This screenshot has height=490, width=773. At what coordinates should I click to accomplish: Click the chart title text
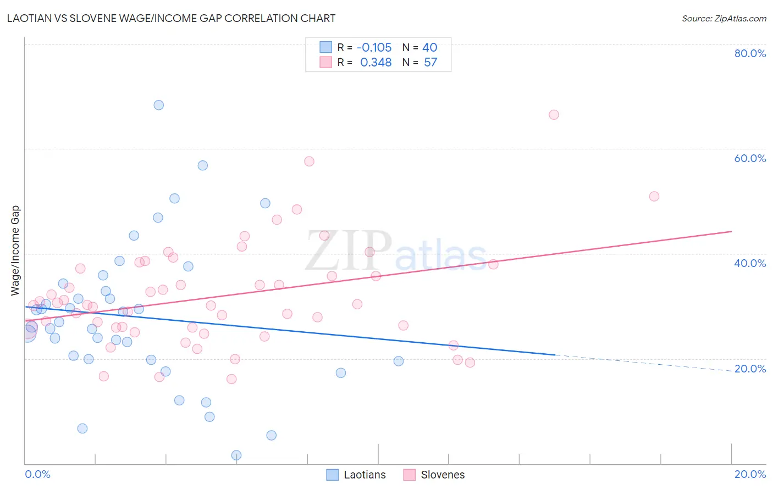tap(171, 18)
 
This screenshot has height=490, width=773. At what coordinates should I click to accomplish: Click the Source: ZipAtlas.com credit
tap(724, 18)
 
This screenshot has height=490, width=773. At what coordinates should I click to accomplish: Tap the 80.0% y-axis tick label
tap(750, 53)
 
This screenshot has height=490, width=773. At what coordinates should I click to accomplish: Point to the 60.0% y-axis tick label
tap(750, 158)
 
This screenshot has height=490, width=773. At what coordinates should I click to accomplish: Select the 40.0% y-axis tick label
tap(750, 263)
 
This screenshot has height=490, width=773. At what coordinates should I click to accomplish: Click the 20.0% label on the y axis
tap(750, 369)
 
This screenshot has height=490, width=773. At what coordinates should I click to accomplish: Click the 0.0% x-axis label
tap(37, 474)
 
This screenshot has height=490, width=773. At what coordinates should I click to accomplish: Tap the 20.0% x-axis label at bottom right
tap(750, 474)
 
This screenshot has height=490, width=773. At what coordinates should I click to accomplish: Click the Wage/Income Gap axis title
tap(15, 250)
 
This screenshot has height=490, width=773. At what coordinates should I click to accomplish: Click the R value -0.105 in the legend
tap(374, 48)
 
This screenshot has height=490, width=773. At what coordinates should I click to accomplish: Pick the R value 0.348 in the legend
tap(376, 63)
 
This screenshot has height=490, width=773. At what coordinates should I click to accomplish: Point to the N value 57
tap(430, 63)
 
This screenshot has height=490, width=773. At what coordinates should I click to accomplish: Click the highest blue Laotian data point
tap(159, 105)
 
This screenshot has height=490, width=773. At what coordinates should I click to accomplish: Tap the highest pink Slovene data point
tap(554, 115)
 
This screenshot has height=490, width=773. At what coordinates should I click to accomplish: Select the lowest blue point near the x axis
tap(236, 455)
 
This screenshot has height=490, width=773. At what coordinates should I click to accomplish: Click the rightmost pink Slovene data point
tap(654, 196)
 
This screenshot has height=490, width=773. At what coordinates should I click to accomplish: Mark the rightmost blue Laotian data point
tap(399, 361)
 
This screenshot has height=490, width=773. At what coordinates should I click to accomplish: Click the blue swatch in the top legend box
tap(326, 47)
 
